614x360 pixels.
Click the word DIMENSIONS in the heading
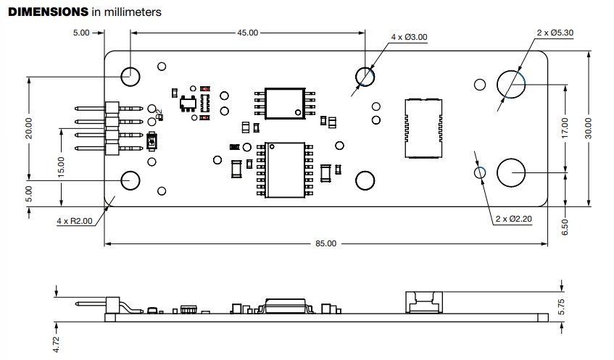[49, 12]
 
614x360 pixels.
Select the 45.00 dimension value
[248, 33]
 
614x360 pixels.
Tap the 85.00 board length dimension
[325, 243]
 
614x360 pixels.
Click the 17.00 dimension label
[565, 127]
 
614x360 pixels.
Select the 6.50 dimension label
[565, 226]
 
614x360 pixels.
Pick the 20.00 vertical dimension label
[29, 127]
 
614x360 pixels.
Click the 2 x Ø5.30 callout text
[555, 33]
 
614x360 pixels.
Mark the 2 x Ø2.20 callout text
[514, 218]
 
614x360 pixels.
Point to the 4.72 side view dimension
[57, 341]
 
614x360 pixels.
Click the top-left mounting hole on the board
[131, 74]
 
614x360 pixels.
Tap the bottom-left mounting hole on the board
[131, 179]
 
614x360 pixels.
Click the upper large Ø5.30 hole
[511, 84]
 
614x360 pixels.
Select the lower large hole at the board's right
[511, 172]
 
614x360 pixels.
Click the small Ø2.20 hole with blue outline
[479, 172]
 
